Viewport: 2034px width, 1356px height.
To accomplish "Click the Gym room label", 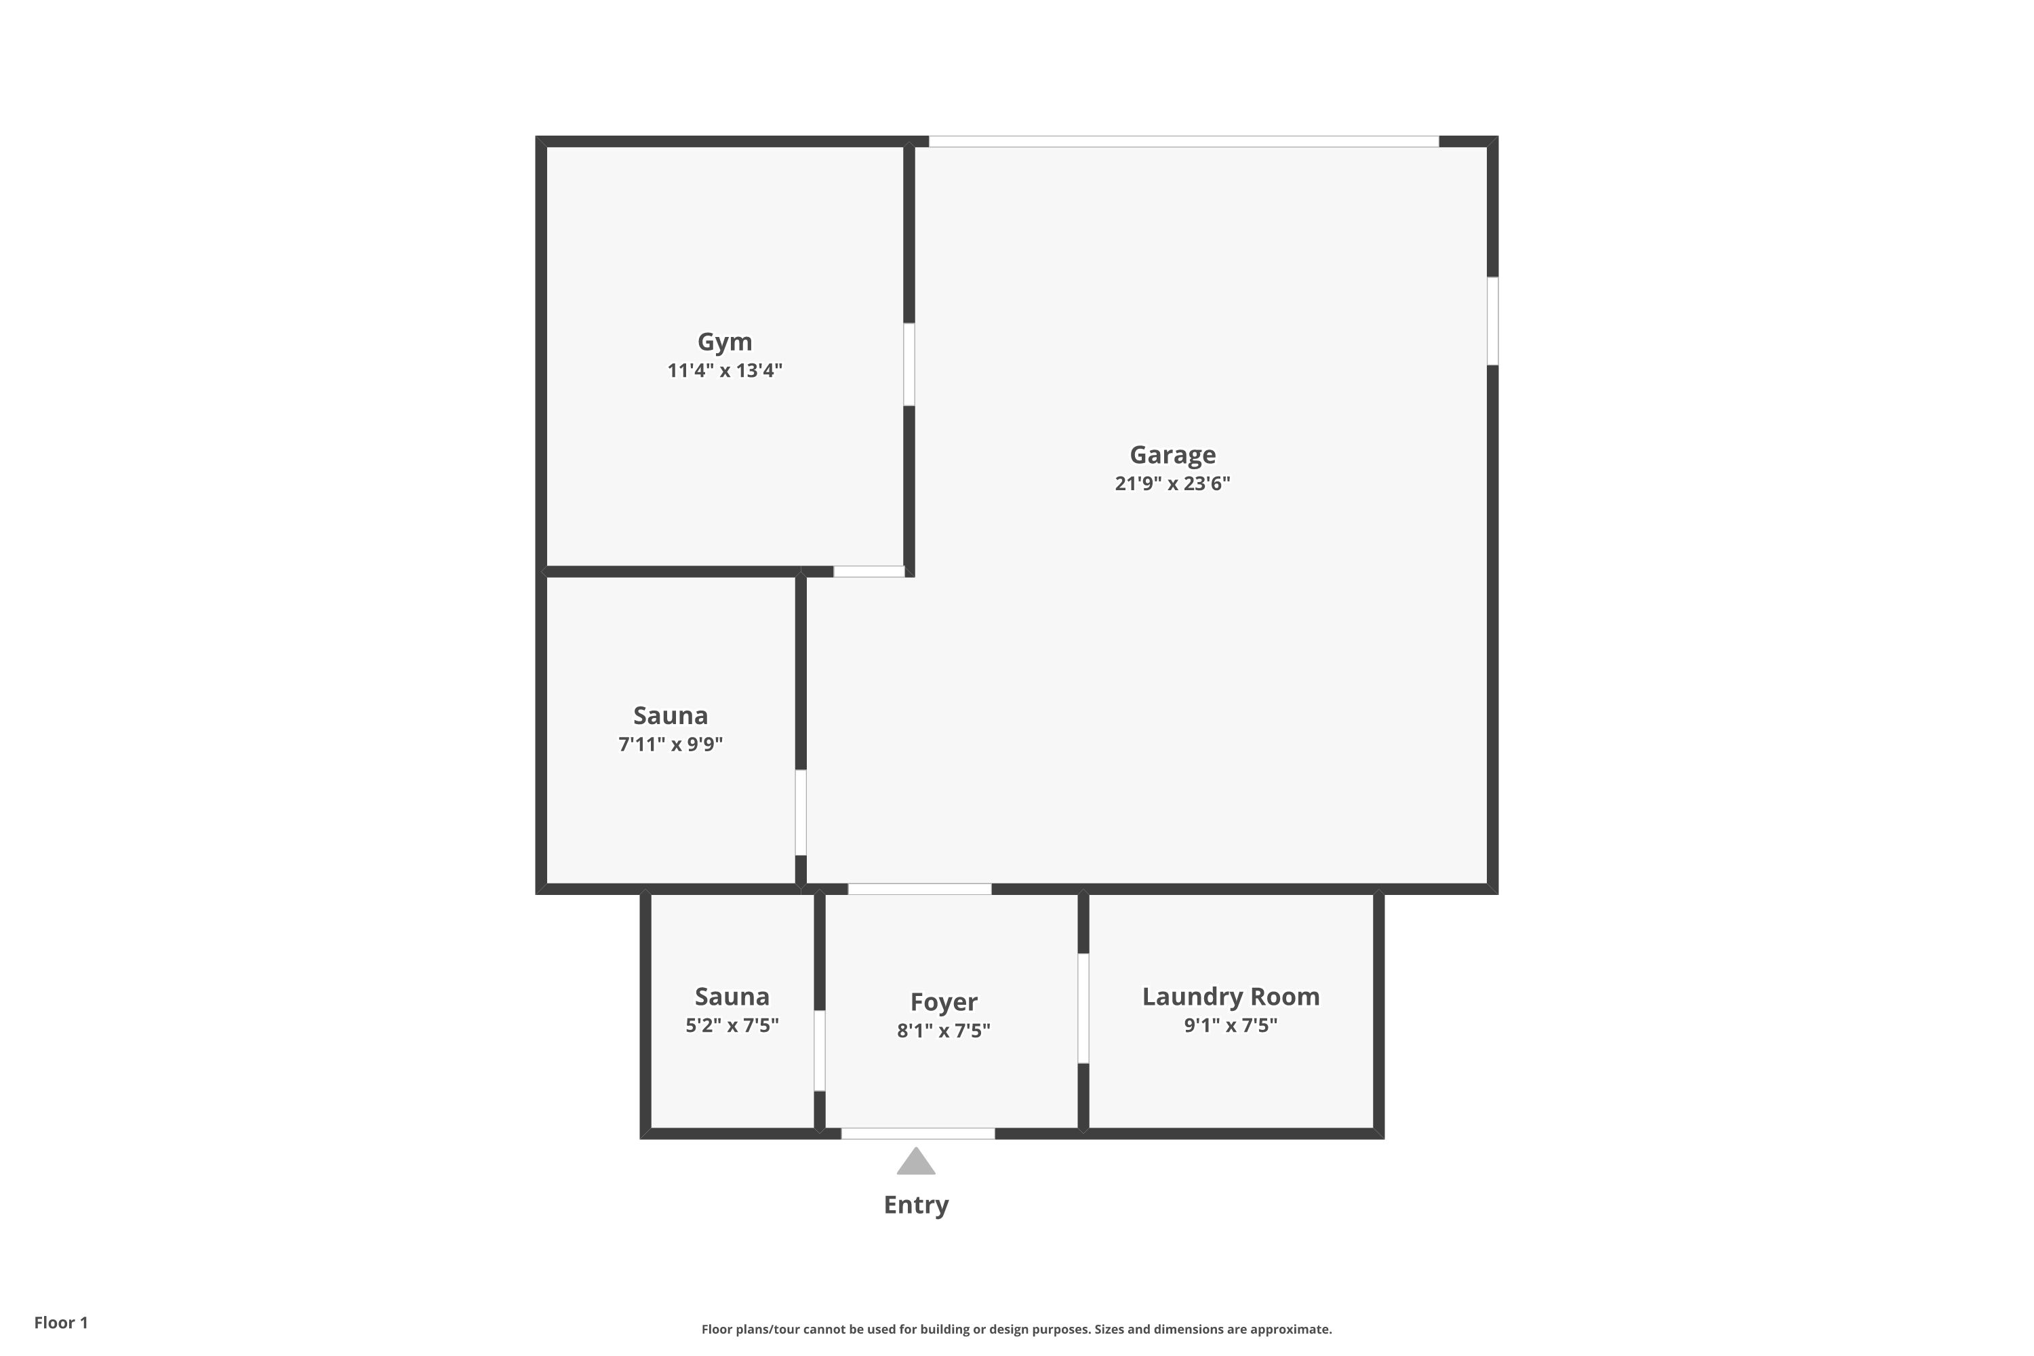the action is (725, 342).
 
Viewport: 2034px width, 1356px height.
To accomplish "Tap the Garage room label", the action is (1173, 455).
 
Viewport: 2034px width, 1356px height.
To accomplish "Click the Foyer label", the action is (944, 1002).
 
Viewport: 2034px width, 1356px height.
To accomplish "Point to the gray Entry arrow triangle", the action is (916, 1161).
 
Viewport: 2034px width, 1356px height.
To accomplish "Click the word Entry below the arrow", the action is (916, 1205).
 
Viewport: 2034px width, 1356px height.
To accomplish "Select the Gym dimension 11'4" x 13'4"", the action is (725, 371).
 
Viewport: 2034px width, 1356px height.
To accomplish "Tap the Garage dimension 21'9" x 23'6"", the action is (1173, 483).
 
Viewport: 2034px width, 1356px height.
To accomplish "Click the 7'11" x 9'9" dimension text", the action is (671, 744).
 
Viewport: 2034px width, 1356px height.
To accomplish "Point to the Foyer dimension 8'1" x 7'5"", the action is (944, 1031).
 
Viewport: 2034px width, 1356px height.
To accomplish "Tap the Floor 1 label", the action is (62, 1322).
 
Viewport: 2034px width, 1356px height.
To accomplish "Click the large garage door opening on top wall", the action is (1184, 142).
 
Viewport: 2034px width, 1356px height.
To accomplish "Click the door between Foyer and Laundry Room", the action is (1083, 1008).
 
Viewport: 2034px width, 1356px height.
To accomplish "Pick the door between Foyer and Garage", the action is (919, 889).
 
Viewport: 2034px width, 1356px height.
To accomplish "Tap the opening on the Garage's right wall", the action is (1493, 321).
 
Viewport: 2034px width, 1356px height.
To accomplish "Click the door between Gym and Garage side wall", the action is (909, 365).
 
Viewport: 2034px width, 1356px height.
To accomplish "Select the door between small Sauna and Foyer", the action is (820, 1051).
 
